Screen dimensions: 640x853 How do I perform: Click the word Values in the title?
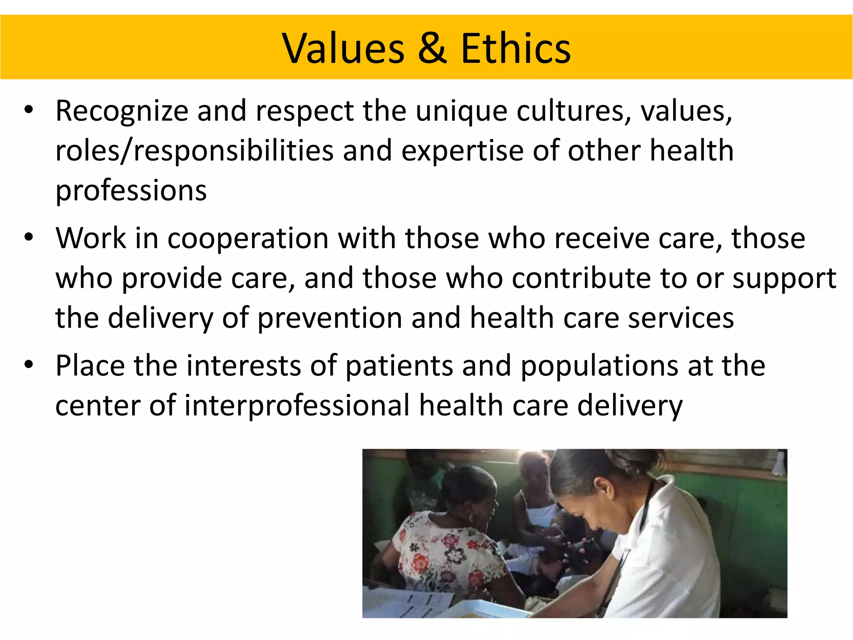coord(343,49)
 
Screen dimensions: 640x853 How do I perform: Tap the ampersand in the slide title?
coord(432,49)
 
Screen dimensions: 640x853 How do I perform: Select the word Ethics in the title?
coord(516,49)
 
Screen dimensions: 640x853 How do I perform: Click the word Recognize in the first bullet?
coord(122,112)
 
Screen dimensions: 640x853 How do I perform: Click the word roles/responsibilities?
coord(195,151)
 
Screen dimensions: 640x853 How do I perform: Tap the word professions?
coord(131,191)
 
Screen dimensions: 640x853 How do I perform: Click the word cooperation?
coord(248,239)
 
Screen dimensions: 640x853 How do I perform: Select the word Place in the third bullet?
coord(90,366)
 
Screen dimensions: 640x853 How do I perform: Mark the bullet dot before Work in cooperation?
coord(28,237)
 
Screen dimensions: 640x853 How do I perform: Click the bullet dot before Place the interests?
coord(28,365)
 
